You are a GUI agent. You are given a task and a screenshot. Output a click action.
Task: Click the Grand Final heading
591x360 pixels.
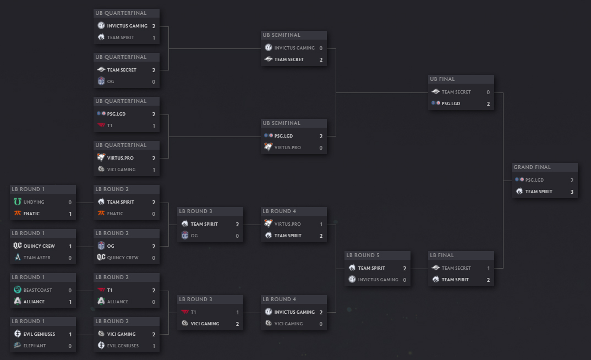click(x=532, y=167)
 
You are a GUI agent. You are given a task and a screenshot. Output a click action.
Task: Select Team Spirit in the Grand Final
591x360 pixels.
click(x=539, y=192)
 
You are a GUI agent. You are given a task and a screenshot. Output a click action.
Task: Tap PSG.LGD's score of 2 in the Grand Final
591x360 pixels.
click(x=572, y=180)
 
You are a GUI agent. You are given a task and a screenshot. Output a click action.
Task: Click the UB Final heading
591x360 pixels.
click(x=442, y=79)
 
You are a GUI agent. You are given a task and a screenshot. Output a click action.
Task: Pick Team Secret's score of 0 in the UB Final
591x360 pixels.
click(x=488, y=92)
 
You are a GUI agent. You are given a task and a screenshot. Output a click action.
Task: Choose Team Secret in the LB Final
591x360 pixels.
click(x=456, y=268)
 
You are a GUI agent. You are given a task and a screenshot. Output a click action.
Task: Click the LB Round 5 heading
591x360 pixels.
click(x=363, y=255)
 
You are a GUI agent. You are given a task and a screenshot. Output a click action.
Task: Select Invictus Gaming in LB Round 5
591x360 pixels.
click(x=378, y=280)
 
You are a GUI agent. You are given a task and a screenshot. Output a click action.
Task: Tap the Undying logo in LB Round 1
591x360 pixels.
click(x=18, y=201)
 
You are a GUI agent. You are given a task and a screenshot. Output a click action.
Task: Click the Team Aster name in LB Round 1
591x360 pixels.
click(x=37, y=258)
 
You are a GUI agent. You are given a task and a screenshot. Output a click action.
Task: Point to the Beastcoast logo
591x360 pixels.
click(x=18, y=290)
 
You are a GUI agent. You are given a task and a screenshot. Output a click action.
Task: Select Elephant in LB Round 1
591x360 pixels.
click(x=35, y=346)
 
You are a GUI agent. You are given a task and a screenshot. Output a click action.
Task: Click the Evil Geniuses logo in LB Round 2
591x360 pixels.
click(x=101, y=345)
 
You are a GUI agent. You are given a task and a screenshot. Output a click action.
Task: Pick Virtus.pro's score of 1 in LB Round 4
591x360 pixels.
click(x=321, y=224)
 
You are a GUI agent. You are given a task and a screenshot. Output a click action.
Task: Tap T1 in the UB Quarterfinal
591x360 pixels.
click(x=110, y=126)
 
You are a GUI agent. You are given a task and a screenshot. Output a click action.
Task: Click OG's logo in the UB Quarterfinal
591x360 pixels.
click(x=101, y=81)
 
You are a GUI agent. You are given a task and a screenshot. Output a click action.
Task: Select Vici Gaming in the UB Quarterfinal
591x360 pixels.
click(x=122, y=170)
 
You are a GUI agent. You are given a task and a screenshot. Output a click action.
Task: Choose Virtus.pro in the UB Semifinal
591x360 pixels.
click(x=288, y=148)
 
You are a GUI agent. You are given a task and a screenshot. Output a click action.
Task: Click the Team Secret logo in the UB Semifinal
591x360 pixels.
click(x=269, y=59)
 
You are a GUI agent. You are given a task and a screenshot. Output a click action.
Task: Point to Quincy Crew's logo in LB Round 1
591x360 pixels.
click(x=18, y=246)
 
